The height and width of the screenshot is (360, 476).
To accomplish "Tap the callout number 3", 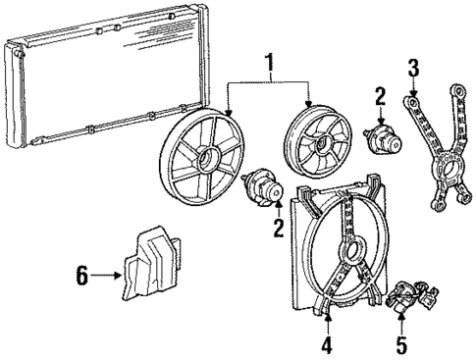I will (414, 68).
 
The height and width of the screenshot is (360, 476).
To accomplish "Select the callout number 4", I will (327, 346).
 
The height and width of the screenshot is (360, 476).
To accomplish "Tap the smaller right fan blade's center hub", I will (316, 143).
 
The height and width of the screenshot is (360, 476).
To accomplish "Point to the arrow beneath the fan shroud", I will (327, 322).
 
